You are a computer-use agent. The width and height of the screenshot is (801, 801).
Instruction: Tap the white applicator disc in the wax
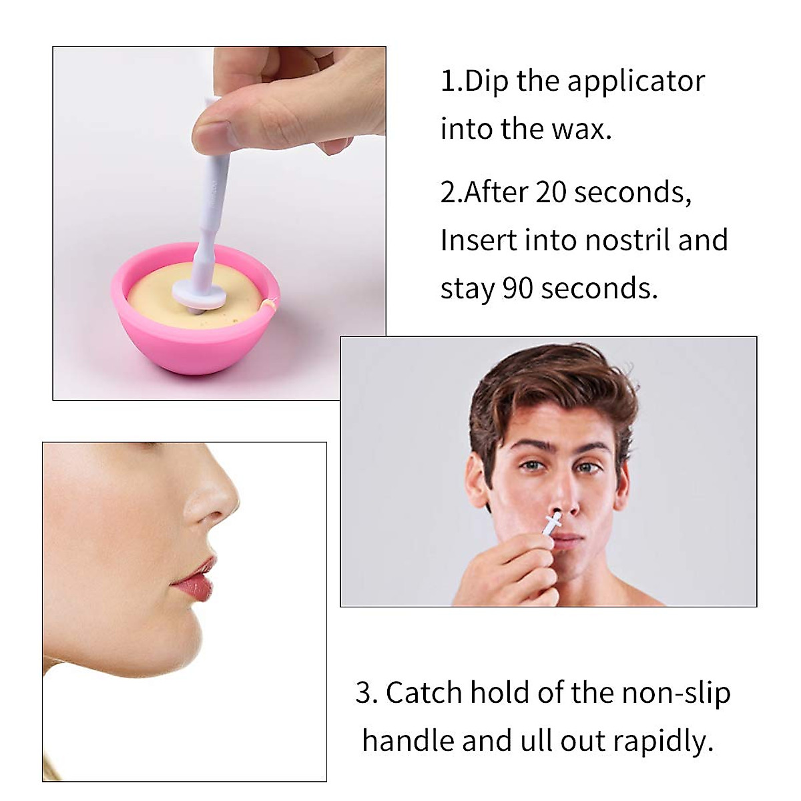point(199,292)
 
